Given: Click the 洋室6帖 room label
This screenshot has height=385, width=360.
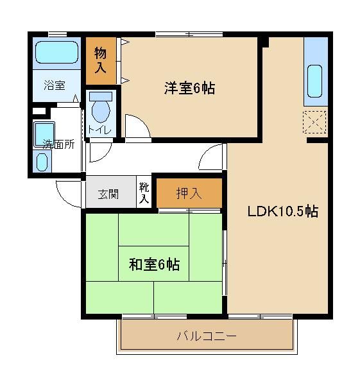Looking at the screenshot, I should tap(188, 89).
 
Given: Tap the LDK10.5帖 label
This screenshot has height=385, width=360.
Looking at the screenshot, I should tap(283, 212).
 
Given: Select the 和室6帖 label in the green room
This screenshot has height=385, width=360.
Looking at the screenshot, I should tap(154, 264).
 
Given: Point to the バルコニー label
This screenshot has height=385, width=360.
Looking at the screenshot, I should tap(207, 336).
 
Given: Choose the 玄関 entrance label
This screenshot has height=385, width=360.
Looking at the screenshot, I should tap(108, 194).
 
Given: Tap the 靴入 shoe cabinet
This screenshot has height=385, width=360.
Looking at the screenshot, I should tap(144, 193).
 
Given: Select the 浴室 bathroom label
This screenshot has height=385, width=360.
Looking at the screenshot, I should tap(55, 85).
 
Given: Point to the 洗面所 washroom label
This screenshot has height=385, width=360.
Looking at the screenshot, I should tap(58, 144).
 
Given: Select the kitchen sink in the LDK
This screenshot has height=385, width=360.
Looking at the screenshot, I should tap(315, 81).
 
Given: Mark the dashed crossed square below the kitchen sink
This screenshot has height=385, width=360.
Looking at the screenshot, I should tap(314, 121).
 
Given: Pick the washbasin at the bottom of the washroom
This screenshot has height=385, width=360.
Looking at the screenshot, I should tap(42, 163).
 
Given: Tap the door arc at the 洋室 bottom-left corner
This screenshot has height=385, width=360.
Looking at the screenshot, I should tap(136, 126).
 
